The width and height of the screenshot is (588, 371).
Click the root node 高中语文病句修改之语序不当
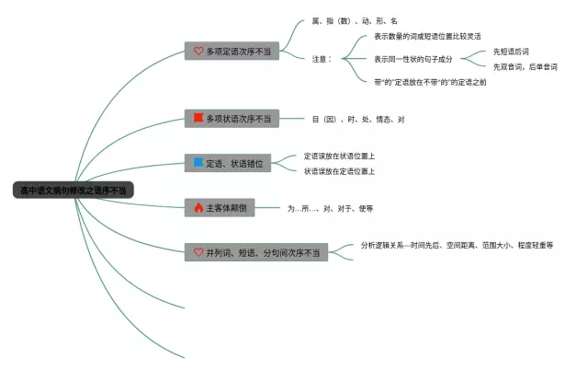pyautogui.click(x=74, y=191)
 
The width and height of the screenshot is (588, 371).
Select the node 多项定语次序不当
pyautogui.click(x=232, y=52)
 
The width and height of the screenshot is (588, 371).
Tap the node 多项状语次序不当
pyautogui.click(x=232, y=119)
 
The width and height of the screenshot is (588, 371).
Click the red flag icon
pyautogui.click(x=198, y=119)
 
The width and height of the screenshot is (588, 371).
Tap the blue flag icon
pyautogui.click(x=198, y=164)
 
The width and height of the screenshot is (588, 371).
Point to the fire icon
pyautogui.click(x=198, y=208)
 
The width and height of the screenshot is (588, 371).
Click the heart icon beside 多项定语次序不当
pyautogui.click(x=198, y=52)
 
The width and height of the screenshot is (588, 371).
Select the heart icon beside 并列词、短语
pyautogui.click(x=198, y=251)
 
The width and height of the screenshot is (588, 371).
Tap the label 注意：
pyautogui.click(x=328, y=59)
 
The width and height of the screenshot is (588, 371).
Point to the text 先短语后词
pyautogui.click(x=511, y=52)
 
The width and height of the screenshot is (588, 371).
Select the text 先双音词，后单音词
pyautogui.click(x=525, y=66)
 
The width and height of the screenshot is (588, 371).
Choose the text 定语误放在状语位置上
pyautogui.click(x=339, y=157)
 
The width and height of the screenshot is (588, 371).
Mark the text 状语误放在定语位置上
pyautogui.click(x=339, y=171)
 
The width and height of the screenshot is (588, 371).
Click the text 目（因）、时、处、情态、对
pyautogui.click(x=358, y=119)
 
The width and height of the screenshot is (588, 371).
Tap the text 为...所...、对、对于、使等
pyautogui.click(x=330, y=209)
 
